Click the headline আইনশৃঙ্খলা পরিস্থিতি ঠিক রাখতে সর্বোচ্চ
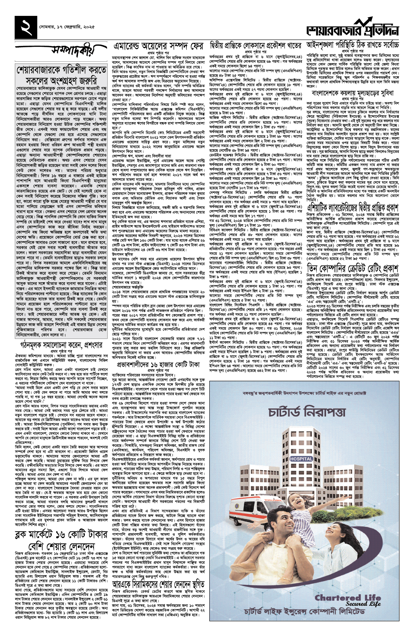pos(353,45)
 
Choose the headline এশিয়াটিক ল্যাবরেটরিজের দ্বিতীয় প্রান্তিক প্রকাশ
pos(353,208)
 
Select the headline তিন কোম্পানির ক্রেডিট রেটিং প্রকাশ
pos(353,268)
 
